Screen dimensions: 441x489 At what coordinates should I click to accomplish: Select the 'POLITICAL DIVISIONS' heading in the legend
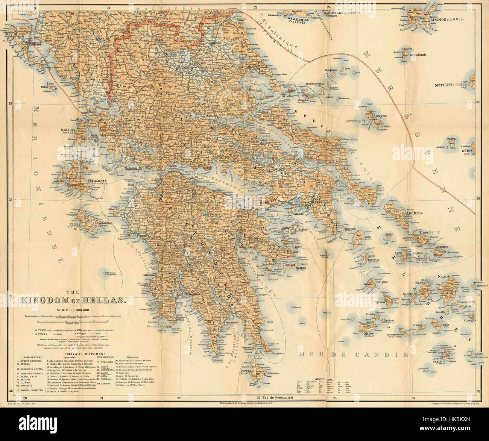click(82, 354)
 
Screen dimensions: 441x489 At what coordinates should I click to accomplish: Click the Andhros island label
click(414, 213)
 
